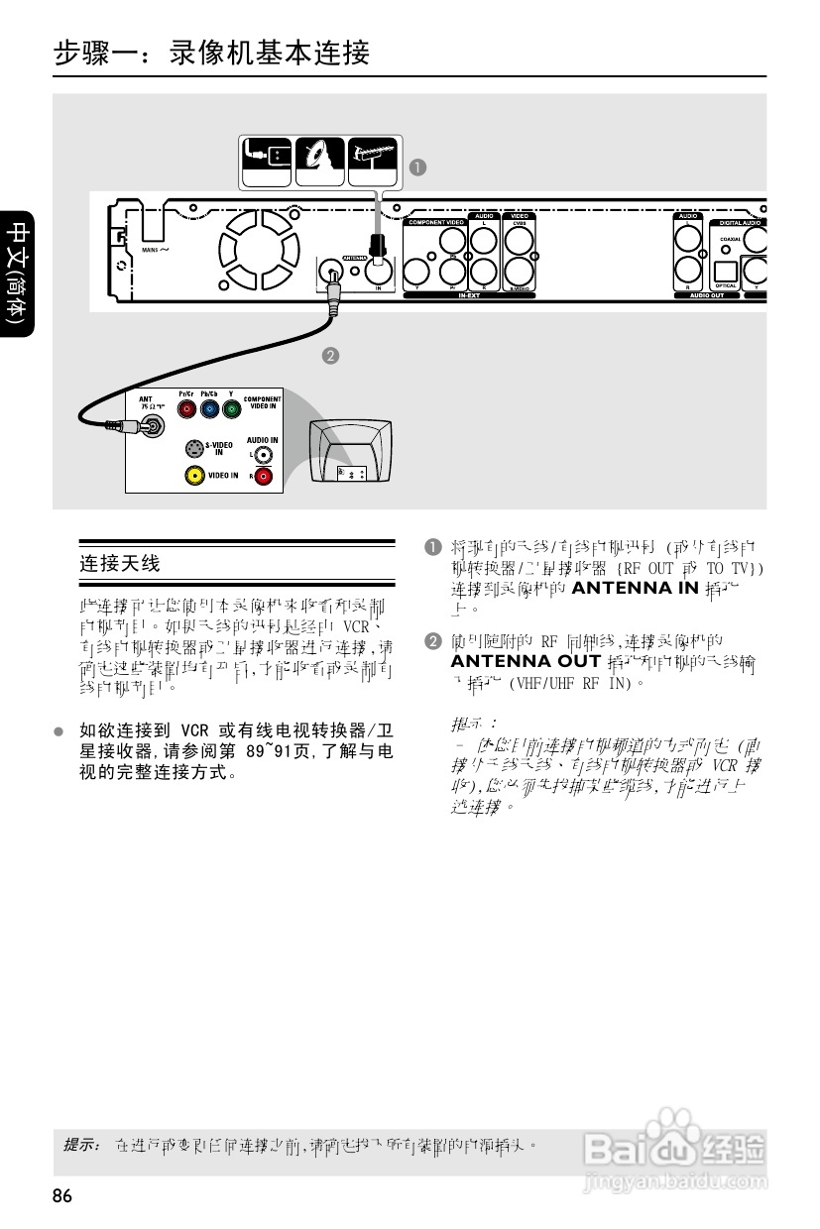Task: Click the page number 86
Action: pos(62,1197)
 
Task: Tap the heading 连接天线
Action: pos(119,564)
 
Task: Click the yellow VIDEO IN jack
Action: pos(195,476)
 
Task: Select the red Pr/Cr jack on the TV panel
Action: pos(185,408)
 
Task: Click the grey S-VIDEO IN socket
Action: pos(195,448)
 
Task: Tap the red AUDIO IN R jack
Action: pos(263,477)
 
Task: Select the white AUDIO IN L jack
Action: pos(263,455)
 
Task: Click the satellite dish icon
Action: pos(319,159)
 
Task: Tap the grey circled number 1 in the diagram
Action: pos(419,167)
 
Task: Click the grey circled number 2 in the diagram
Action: pos(330,355)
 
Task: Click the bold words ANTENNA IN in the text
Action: pos(636,588)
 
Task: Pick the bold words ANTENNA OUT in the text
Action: pos(526,661)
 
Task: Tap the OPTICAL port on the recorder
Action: pos(726,272)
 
